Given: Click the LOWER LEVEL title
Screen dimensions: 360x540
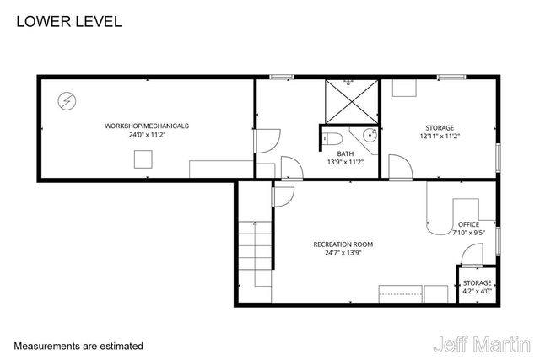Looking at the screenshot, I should pyautogui.click(x=68, y=21).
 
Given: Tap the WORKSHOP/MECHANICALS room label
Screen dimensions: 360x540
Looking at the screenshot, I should pyautogui.click(x=146, y=126).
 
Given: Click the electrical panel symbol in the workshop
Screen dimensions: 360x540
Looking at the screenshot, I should pyautogui.click(x=65, y=101).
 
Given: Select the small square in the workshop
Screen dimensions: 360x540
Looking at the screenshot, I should pyautogui.click(x=143, y=158).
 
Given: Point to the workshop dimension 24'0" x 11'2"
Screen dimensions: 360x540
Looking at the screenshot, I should pyautogui.click(x=146, y=135).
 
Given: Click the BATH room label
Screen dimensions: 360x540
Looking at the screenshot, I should pyautogui.click(x=345, y=153).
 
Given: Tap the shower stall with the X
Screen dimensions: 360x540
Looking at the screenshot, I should pyautogui.click(x=348, y=103).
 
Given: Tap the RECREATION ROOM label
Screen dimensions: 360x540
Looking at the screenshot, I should pyautogui.click(x=343, y=244).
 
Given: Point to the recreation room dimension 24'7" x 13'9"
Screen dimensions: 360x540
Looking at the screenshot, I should pyautogui.click(x=343, y=253).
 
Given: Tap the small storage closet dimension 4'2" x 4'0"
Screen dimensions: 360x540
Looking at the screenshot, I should pyautogui.click(x=477, y=292).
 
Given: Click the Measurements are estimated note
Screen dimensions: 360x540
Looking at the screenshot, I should pyautogui.click(x=78, y=346).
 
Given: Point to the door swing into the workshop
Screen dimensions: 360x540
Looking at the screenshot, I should pyautogui.click(x=267, y=140).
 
